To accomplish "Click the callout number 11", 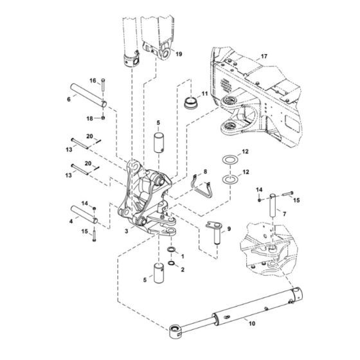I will [204, 94].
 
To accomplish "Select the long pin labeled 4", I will [86, 214].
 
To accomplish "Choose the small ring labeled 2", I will [173, 262].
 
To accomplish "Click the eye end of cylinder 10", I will [174, 332].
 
